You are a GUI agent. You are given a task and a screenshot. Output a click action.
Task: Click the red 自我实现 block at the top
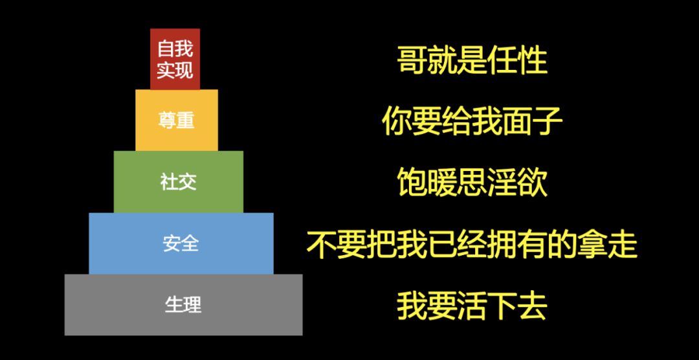click(175, 59)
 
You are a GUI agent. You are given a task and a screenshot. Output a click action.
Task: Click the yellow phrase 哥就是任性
click(472, 60)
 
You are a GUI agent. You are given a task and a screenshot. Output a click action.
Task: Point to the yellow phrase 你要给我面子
click(472, 122)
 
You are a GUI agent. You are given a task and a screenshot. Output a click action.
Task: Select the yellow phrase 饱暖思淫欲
click(472, 183)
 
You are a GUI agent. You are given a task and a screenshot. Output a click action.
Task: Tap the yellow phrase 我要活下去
click(472, 306)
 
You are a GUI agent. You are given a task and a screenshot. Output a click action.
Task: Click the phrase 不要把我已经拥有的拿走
click(472, 245)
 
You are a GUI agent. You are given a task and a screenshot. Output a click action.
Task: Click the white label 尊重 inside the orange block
click(176, 120)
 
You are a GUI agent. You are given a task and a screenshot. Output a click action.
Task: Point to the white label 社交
click(178, 182)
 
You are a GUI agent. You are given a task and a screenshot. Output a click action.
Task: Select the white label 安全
click(181, 243)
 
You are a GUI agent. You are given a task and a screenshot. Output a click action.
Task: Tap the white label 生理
click(183, 305)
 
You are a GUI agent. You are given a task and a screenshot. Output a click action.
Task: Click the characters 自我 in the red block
click(175, 49)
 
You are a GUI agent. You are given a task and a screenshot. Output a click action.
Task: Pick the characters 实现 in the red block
click(175, 70)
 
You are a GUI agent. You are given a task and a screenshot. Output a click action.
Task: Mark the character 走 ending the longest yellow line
click(623, 245)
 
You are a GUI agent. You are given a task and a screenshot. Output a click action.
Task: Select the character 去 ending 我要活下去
click(532, 306)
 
